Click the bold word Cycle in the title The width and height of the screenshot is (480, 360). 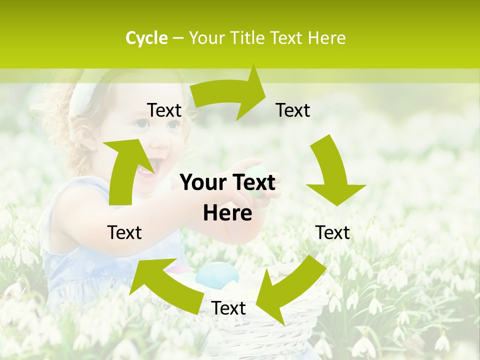pyautogui.click(x=146, y=38)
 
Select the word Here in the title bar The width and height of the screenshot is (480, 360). pyautogui.click(x=326, y=38)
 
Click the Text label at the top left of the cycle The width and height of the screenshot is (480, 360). pyautogui.click(x=164, y=110)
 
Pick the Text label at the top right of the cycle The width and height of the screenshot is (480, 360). pyautogui.click(x=293, y=110)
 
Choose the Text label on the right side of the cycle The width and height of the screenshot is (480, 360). pyautogui.click(x=332, y=232)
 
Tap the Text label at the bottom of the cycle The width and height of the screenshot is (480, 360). pyautogui.click(x=228, y=308)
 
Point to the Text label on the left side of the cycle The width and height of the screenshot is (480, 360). pyautogui.click(x=124, y=232)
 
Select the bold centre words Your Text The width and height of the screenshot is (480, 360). pyautogui.click(x=227, y=183)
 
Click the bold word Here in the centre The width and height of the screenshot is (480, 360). pyautogui.click(x=227, y=213)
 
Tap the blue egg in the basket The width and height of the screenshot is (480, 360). pyautogui.click(x=217, y=274)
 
